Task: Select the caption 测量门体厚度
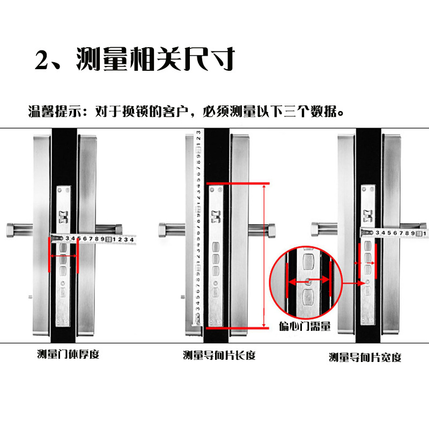point(68,354)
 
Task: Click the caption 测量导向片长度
point(219,355)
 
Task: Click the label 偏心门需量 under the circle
point(305,326)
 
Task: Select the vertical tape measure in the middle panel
point(196,225)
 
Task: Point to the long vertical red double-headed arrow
point(264,255)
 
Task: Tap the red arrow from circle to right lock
point(354,282)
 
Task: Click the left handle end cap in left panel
point(11,230)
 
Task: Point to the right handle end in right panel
point(421,226)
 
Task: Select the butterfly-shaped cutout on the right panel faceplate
point(368,215)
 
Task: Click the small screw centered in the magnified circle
point(307,282)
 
